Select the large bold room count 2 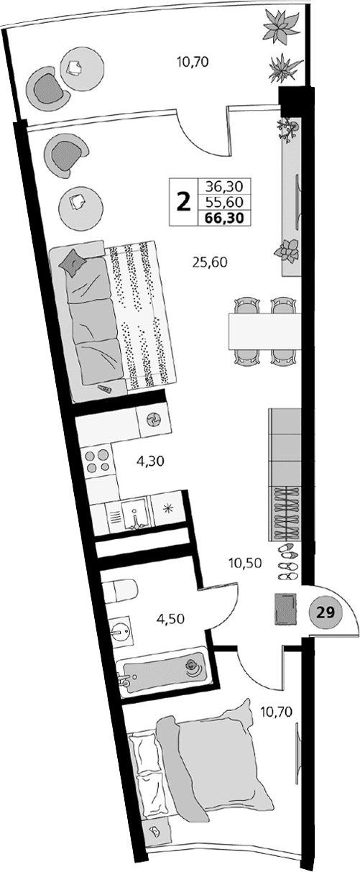tap(184, 201)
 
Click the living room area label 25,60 tap(210, 262)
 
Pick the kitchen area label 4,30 tap(151, 462)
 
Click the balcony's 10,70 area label tap(192, 61)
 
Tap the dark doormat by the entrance tap(285, 610)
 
